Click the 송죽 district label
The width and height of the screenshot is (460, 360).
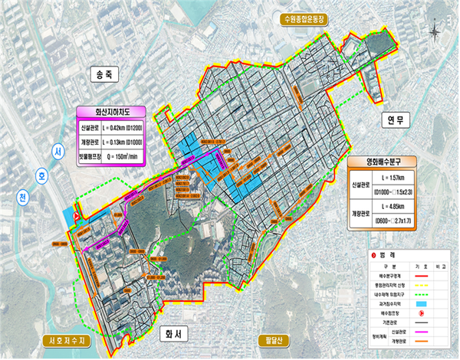pyautogui.click(x=103, y=74)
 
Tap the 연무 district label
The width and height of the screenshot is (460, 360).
pyautogui.click(x=396, y=120)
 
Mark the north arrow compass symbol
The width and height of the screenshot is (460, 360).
pyautogui.click(x=435, y=32)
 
